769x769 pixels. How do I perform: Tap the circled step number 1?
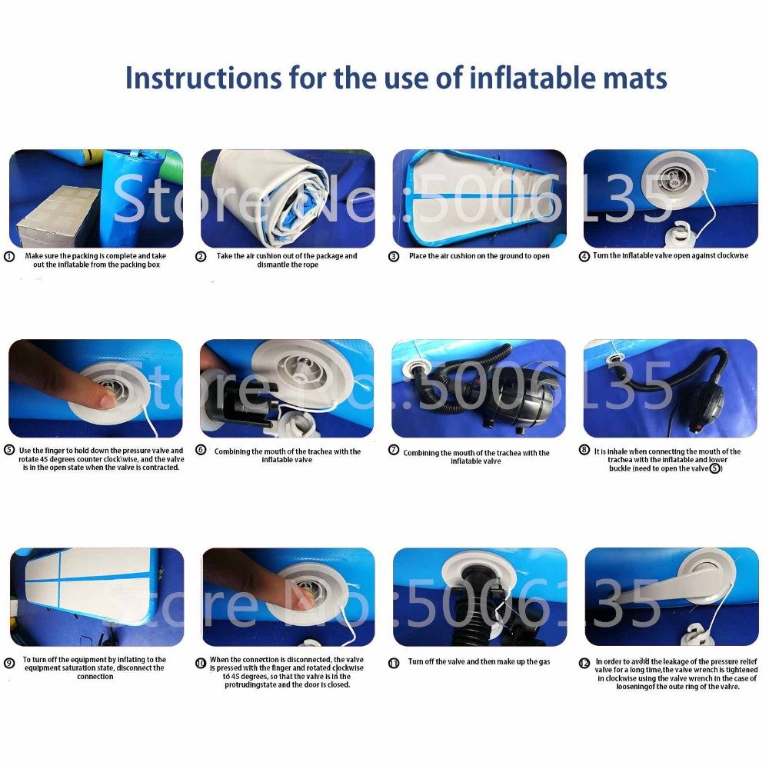[x=10, y=257]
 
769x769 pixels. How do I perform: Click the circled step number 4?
[x=584, y=257]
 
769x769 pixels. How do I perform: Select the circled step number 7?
[x=394, y=451]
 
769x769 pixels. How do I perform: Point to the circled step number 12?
[x=585, y=663]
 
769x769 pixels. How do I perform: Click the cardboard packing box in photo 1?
[x=58, y=215]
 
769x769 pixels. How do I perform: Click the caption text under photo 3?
[x=479, y=256]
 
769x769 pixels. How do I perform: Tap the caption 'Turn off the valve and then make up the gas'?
[x=478, y=661]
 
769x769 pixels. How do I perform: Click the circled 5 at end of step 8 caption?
[x=714, y=468]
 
